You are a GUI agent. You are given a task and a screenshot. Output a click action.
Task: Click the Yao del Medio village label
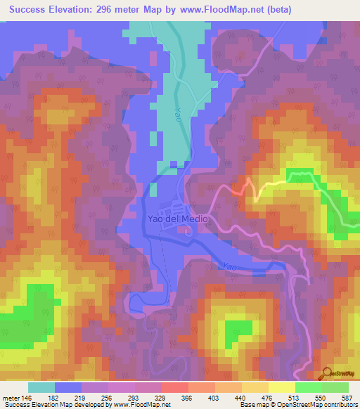[177, 219]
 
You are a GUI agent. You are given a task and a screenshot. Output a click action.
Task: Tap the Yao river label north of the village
[178, 115]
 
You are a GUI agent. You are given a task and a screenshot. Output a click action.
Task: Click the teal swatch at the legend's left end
[41, 387]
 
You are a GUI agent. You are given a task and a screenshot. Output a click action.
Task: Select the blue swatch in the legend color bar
[68, 387]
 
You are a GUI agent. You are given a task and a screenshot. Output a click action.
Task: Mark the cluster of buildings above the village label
[172, 209]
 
